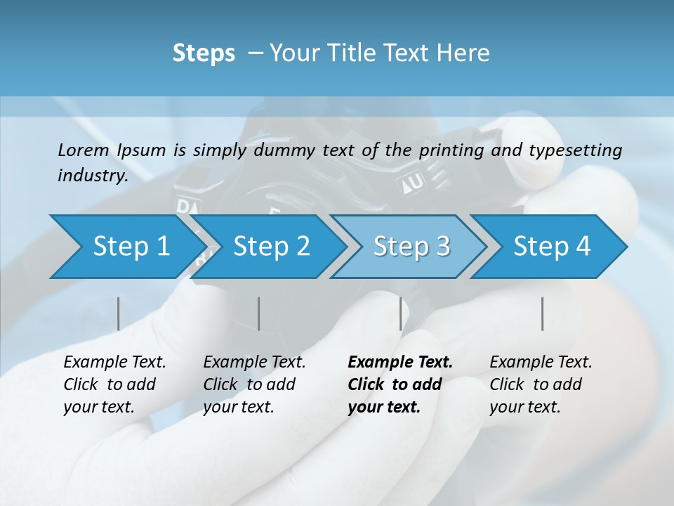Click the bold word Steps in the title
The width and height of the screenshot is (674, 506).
pos(204,53)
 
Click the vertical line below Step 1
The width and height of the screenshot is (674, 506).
pos(118,313)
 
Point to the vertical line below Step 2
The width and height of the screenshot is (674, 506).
pos(259,313)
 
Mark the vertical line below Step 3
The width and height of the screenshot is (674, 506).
pos(401,313)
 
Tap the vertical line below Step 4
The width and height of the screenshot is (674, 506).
pos(543,313)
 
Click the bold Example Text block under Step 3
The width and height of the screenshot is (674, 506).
pos(400,384)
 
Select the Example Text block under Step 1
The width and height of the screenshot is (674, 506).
pos(114,384)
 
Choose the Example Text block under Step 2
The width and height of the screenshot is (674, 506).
pos(254,384)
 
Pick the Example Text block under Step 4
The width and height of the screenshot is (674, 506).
pos(541,384)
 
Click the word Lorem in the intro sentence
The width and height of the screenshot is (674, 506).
pos(84,150)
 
